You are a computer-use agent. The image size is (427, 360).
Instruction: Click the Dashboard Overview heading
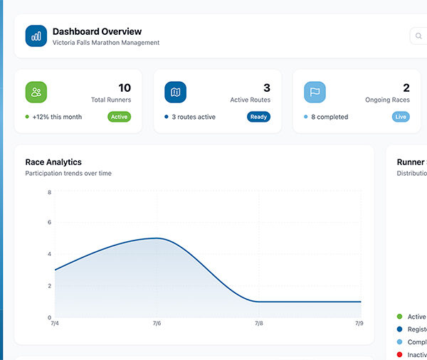97,31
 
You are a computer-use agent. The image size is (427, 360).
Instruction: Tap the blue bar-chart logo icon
36,36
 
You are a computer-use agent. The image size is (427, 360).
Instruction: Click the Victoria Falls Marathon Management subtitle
106,43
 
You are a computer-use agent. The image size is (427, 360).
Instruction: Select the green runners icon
36,92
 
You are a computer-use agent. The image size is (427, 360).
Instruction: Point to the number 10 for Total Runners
124,88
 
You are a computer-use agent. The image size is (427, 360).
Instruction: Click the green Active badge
119,117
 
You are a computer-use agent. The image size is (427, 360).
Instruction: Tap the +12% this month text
57,117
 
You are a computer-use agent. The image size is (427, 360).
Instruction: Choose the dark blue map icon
176,92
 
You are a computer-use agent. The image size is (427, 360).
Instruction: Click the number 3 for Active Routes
267,88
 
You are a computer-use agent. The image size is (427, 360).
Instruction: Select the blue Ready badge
258,117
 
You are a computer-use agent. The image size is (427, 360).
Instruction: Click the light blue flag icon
315,92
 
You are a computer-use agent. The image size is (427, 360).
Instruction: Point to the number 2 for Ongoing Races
406,88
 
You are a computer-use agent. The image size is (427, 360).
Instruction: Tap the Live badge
401,117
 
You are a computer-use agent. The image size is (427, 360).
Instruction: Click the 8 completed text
330,117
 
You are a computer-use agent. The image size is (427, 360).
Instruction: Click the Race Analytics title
53,162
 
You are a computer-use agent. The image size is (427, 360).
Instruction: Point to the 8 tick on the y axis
49,192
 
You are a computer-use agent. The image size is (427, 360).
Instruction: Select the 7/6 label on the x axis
157,324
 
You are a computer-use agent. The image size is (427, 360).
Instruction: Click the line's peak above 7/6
157,238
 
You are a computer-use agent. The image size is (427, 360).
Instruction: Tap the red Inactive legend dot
399,354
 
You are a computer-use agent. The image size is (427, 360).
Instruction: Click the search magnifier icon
419,36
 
